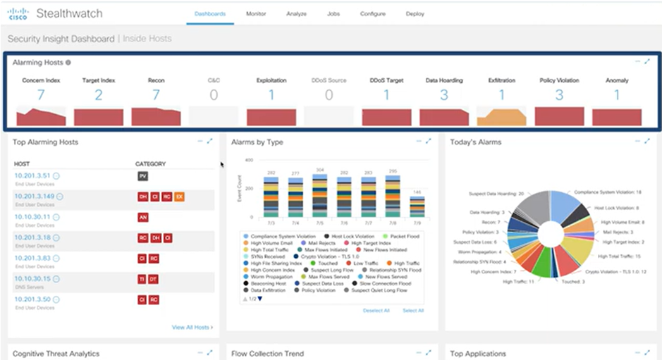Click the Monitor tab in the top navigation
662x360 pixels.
point(256,13)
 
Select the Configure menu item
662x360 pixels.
point(372,13)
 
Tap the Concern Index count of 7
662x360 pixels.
point(41,95)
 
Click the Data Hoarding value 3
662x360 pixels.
point(444,95)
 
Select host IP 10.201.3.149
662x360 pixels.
point(34,197)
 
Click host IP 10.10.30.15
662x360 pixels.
point(32,278)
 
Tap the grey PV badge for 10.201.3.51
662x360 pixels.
point(142,176)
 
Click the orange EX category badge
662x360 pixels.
point(179,197)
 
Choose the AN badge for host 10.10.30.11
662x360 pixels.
point(142,217)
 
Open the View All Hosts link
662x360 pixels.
point(192,327)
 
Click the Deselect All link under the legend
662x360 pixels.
point(376,310)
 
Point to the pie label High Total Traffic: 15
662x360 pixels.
point(621,256)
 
